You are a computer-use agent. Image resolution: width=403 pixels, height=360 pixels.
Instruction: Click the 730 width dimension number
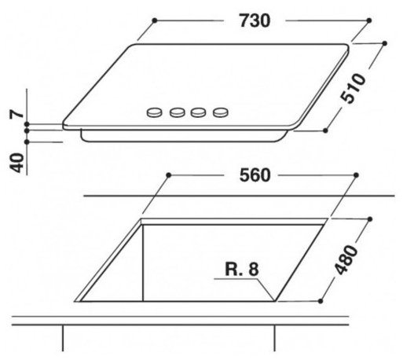(x=255, y=20)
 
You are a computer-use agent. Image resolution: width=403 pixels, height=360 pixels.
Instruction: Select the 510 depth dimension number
(x=353, y=89)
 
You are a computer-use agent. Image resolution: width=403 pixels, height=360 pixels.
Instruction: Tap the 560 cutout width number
(x=255, y=175)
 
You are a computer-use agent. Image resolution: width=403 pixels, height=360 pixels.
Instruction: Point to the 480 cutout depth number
(x=346, y=259)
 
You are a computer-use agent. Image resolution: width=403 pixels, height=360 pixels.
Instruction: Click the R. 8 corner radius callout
(x=242, y=269)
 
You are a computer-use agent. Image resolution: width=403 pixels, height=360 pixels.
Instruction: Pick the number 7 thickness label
(x=16, y=114)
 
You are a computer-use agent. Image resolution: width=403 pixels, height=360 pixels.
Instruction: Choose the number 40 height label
(x=16, y=163)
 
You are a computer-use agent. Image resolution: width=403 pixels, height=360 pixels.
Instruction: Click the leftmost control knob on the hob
(x=155, y=112)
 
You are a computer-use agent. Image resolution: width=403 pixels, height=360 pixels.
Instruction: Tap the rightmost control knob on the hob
(x=221, y=112)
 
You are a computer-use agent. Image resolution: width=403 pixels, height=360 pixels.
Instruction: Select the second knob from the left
(x=178, y=112)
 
